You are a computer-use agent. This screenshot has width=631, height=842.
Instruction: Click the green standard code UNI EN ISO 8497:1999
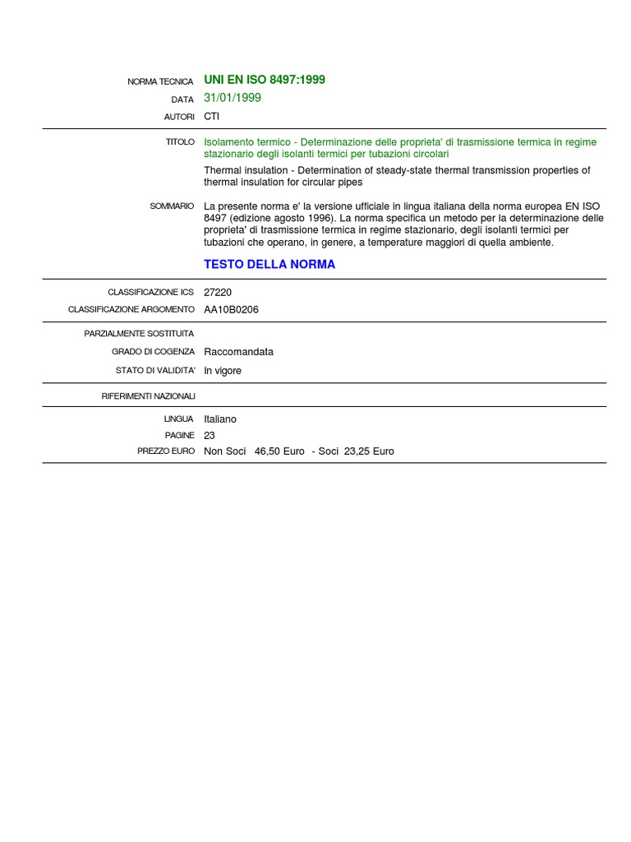coord(265,80)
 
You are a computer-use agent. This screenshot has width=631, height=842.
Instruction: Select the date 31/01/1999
coord(233,98)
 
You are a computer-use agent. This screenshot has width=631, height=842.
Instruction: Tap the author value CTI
coord(212,117)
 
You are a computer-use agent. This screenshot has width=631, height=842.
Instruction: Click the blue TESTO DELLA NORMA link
coord(269,265)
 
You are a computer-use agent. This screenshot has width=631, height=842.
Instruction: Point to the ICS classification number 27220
coord(218,292)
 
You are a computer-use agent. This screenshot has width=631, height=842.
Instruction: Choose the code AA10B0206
coord(232,310)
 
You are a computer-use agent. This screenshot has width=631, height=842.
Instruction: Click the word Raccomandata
coord(238,352)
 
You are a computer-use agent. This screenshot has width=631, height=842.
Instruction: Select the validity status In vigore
coord(223,371)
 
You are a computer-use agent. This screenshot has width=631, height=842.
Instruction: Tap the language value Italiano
coord(220,419)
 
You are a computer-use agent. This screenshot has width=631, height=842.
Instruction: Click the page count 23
coord(210,435)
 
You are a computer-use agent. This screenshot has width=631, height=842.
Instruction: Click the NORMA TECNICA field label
coord(161,81)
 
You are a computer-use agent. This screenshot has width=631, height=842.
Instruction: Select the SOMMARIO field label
coord(173,206)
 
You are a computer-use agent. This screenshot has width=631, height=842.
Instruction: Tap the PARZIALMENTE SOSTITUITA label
coord(140,333)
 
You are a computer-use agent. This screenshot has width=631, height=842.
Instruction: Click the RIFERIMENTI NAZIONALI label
coord(149,396)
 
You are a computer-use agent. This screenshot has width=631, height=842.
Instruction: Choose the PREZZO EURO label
coord(166,451)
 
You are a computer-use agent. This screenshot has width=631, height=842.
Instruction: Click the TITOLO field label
coord(180,142)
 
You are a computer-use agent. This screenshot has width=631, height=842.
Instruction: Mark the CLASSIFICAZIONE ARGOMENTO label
coord(131,310)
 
